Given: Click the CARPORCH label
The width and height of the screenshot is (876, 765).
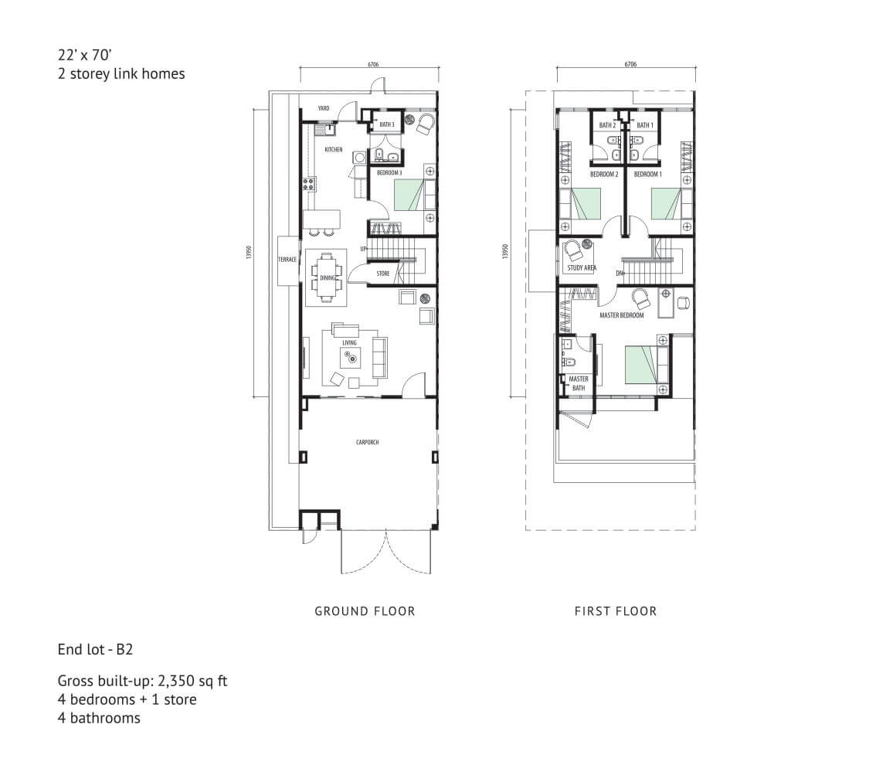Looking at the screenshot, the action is pos(368,442).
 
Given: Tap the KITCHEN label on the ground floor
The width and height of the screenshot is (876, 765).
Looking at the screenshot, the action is pos(334,149).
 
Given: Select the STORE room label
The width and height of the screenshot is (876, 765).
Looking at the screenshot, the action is pos(382,274).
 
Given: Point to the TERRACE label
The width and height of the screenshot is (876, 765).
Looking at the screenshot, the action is pos(287,260).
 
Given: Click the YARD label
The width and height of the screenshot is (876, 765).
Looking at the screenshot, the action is pos(324,108).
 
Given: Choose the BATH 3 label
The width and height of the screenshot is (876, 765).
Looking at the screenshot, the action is pos(386,124).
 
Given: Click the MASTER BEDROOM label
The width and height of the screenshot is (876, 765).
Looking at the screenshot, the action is pos(621,315).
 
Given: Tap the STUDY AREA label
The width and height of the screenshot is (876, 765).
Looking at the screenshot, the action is pos(582,267).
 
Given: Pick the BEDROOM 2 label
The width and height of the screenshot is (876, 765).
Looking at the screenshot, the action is pos(604,175).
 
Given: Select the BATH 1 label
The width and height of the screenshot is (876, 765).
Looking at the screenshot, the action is pos(645,125).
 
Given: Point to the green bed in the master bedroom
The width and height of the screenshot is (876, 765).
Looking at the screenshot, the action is pos(642,365).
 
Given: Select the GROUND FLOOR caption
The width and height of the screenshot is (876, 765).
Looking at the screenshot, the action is pos(365,611).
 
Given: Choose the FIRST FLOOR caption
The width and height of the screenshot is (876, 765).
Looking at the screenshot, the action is pos(616,611).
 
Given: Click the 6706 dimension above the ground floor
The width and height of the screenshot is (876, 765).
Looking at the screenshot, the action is pos(373,64).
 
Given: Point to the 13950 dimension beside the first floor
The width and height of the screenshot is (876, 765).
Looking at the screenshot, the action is pos(506,251).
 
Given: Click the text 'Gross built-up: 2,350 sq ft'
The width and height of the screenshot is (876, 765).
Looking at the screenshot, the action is pos(142,682).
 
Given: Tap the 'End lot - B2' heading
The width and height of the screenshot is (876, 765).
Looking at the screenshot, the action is pos(95,649).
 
